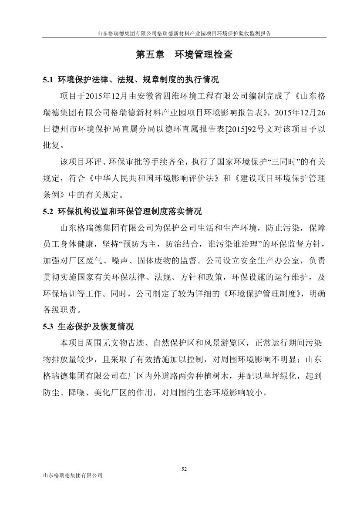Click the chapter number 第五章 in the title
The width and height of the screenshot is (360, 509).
click(x=150, y=55)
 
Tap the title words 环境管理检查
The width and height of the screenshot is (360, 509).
click(x=203, y=55)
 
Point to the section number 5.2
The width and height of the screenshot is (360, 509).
click(x=47, y=212)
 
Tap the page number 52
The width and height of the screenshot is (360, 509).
click(x=184, y=469)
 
